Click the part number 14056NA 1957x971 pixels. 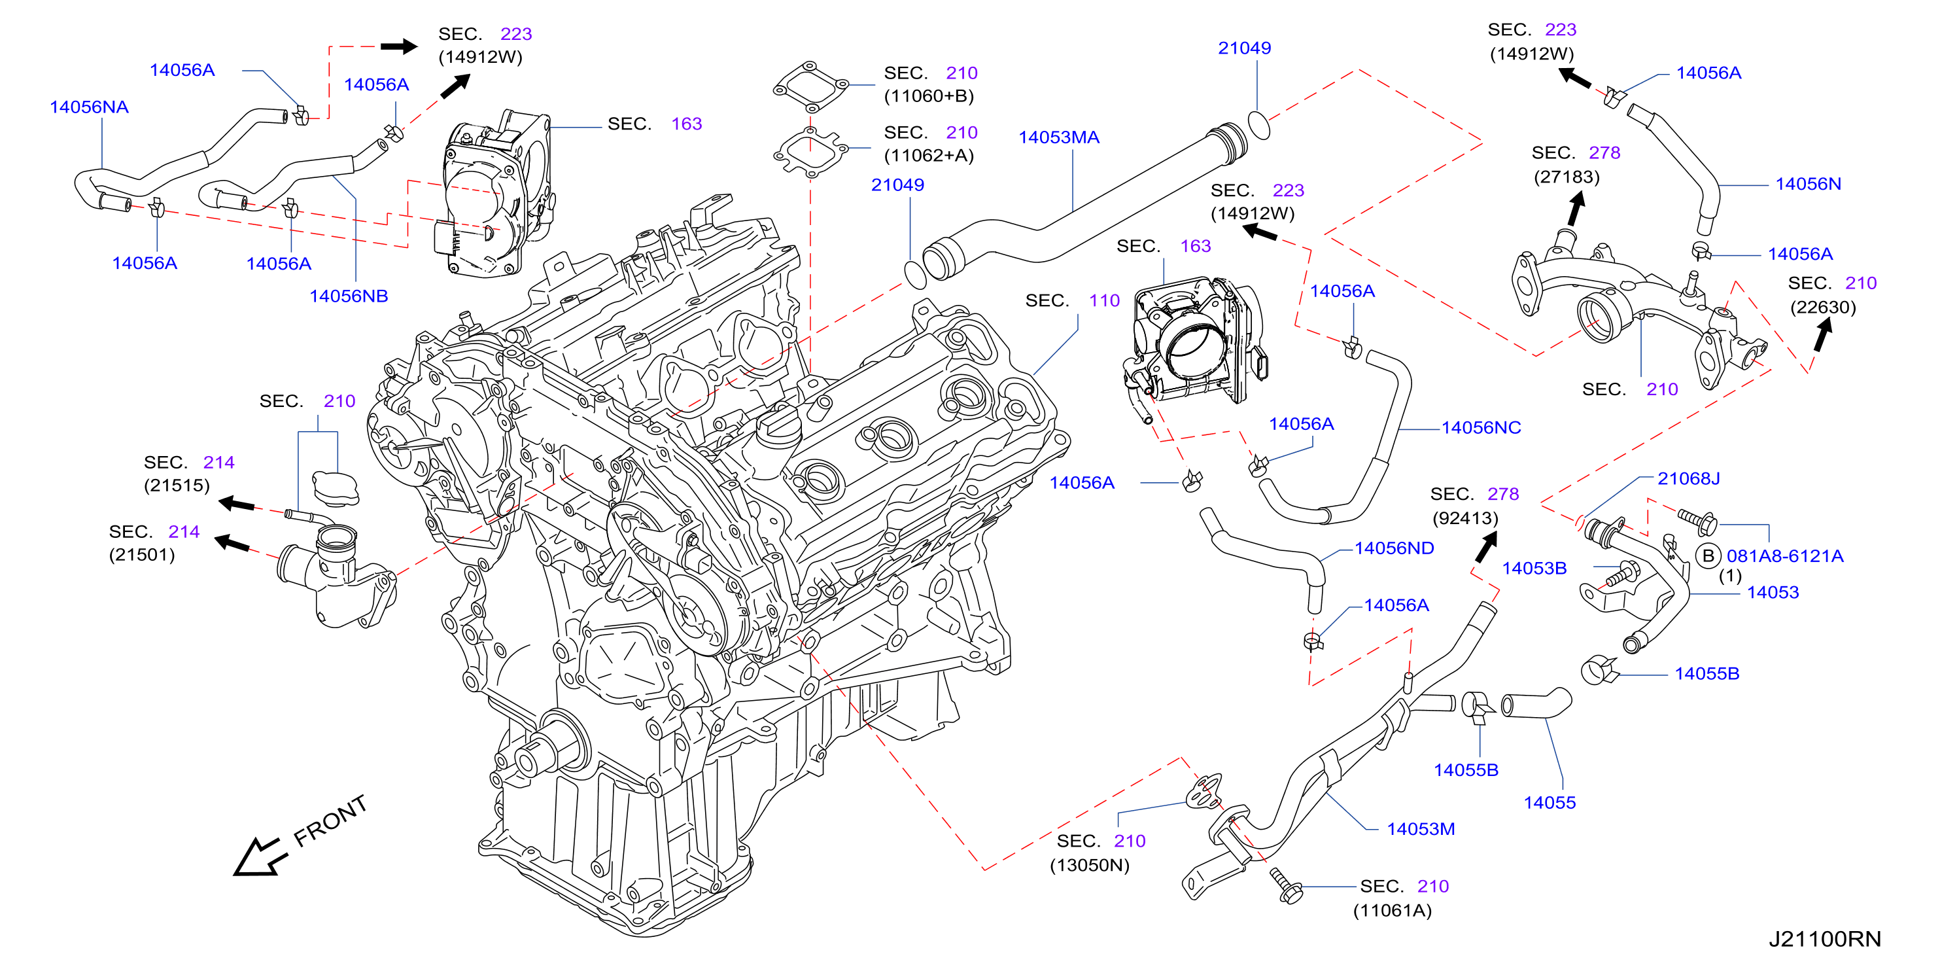pyautogui.click(x=89, y=107)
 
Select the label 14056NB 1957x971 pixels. pyautogui.click(x=349, y=296)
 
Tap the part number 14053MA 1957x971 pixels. pyautogui.click(x=1059, y=137)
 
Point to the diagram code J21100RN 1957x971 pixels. pyautogui.click(x=1825, y=939)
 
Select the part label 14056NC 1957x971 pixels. pyautogui.click(x=1481, y=428)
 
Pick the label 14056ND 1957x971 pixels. pyautogui.click(x=1394, y=548)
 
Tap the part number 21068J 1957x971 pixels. pyautogui.click(x=1688, y=479)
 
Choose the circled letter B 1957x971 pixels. pyautogui.click(x=1708, y=556)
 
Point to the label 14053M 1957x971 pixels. pyautogui.click(x=1421, y=830)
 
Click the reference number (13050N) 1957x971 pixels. pyautogui.click(x=1090, y=866)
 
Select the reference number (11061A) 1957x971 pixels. pyautogui.click(x=1392, y=911)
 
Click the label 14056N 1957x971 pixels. pyautogui.click(x=1808, y=184)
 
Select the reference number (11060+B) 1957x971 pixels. pyautogui.click(x=928, y=96)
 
